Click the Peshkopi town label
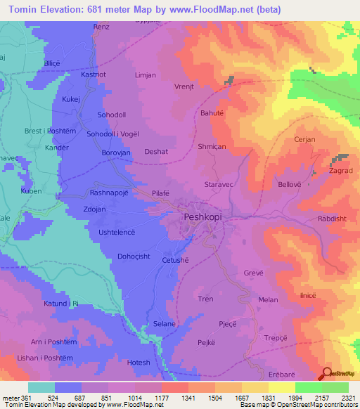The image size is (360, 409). (x=205, y=218)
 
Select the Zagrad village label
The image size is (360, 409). (x=340, y=171)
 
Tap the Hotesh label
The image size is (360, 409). (x=139, y=363)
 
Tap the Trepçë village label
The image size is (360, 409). (x=277, y=337)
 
